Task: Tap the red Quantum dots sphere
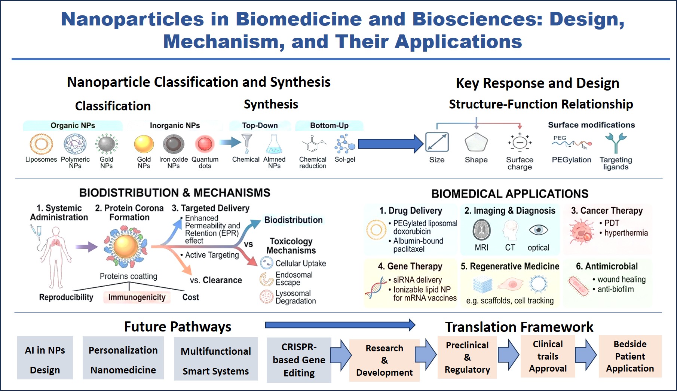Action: click(205, 144)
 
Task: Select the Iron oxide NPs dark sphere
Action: click(174, 144)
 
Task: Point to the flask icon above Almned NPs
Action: click(274, 144)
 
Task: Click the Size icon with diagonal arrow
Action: click(437, 143)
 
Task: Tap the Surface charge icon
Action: click(520, 143)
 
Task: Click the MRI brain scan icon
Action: click(481, 230)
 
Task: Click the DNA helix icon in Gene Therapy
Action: click(376, 287)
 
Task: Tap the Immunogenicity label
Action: click(137, 297)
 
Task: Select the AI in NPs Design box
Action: click(45, 358)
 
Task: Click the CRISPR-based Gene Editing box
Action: click(299, 360)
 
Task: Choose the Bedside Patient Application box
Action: click(630, 356)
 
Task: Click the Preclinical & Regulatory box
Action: click(467, 357)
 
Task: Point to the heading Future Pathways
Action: click(178, 327)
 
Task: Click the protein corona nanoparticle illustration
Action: click(126, 247)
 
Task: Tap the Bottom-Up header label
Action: click(329, 125)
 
